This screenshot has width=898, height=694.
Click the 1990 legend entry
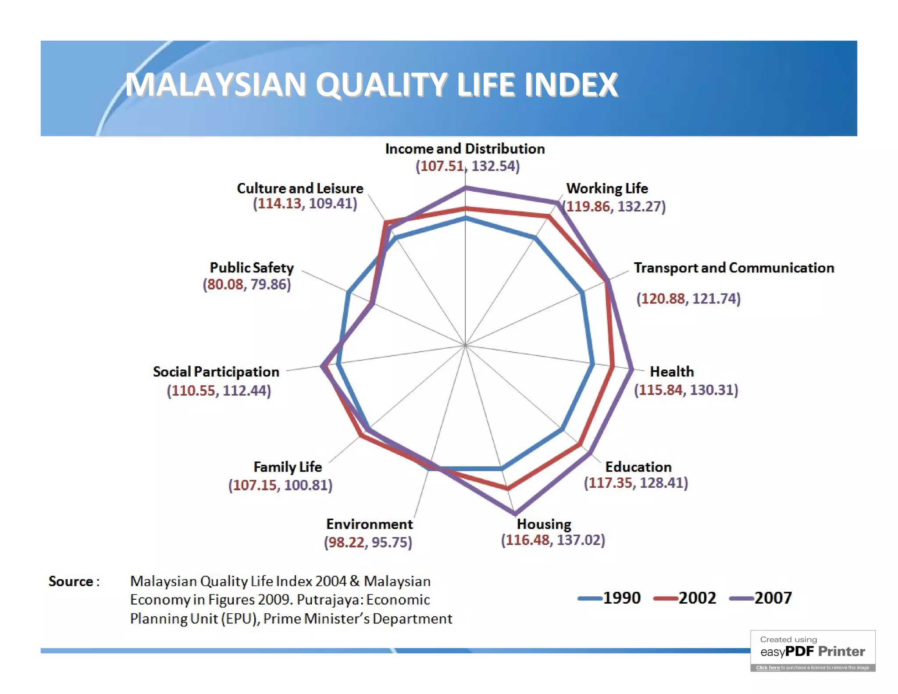610,598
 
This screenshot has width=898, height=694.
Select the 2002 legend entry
685,598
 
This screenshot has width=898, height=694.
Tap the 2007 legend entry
761,598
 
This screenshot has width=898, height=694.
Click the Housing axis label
544,524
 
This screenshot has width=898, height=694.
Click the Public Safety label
251,268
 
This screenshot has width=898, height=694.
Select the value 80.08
224,284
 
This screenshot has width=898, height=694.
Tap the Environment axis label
369,524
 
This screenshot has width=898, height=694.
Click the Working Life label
607,188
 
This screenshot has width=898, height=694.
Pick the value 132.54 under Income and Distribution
495,166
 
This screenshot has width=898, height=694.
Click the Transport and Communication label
734,268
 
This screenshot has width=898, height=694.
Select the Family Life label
288,467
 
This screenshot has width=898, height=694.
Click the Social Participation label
216,372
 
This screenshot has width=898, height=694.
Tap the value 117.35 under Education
610,483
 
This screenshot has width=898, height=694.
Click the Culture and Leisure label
300,188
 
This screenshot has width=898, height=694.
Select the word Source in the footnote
71,581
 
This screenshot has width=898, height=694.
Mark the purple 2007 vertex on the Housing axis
515,513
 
